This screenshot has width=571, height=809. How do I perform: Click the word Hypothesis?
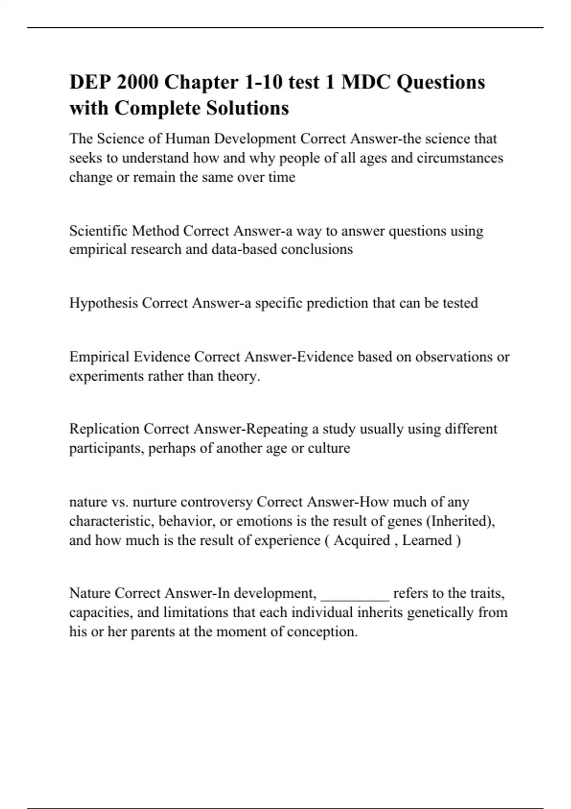click(103, 303)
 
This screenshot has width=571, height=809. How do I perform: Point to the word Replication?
click(104, 429)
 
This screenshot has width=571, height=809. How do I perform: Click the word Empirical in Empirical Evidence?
click(99, 357)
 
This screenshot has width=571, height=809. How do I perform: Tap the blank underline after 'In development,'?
click(355, 595)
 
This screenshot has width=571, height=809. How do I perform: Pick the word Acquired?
click(362, 541)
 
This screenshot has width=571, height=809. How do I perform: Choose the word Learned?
click(427, 541)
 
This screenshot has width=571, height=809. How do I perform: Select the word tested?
click(460, 303)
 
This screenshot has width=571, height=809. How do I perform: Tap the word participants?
click(107, 448)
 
